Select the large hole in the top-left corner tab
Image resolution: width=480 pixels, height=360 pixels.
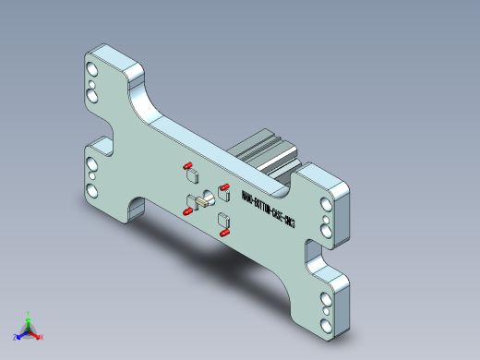coord(90,70)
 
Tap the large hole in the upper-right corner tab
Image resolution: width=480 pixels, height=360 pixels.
coord(325,205)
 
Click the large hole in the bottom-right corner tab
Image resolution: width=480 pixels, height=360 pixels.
coord(325,324)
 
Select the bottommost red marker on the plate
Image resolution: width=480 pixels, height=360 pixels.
coord(224,234)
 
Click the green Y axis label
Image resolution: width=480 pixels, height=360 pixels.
coord(29,314)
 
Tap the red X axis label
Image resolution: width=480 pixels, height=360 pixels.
coord(42,337)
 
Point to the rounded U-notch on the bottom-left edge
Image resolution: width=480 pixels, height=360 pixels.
coord(137,205)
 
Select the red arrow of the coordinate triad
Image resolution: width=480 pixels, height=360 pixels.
coord(35,334)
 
